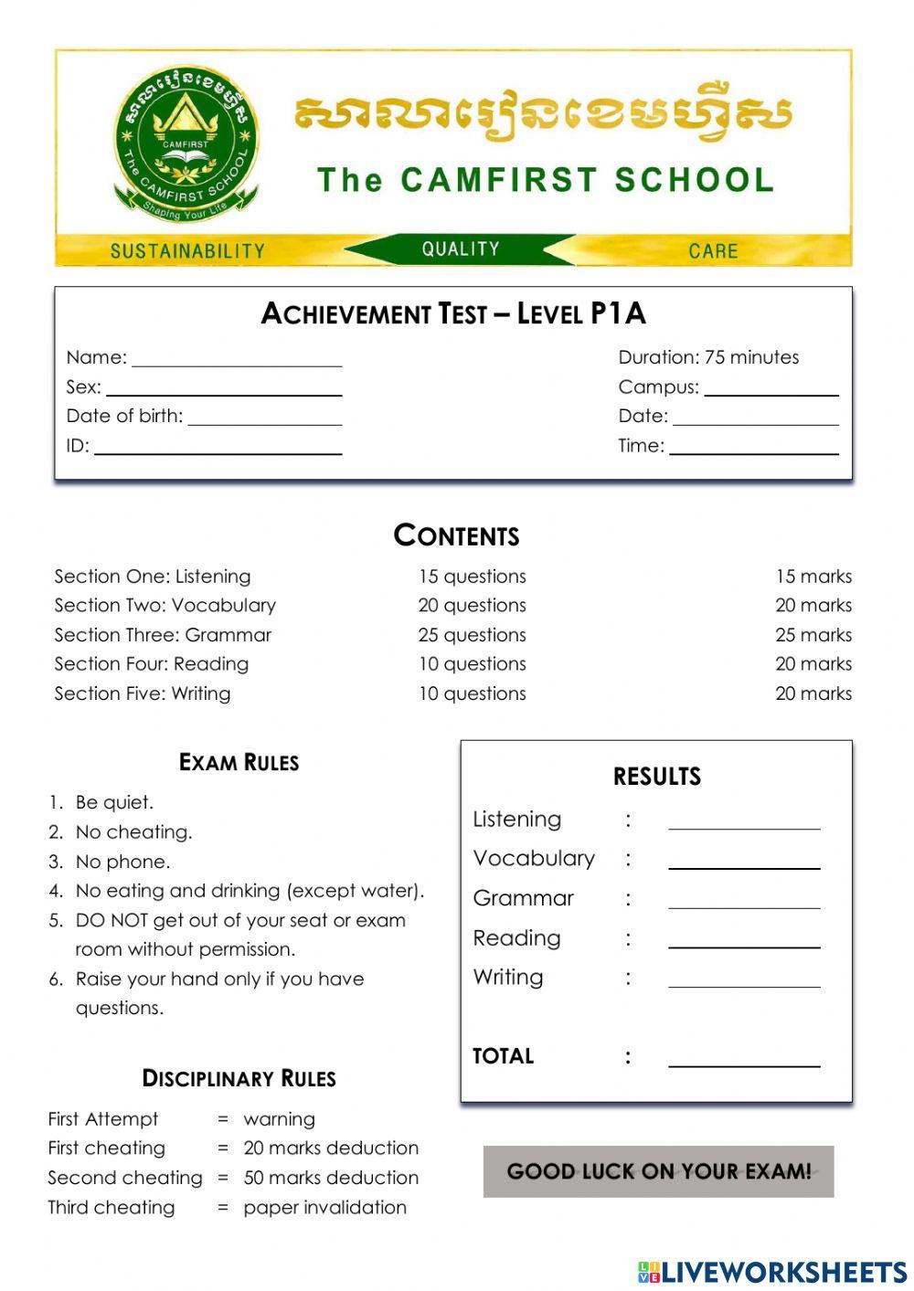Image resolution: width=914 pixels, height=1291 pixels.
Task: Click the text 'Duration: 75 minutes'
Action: pos(708,357)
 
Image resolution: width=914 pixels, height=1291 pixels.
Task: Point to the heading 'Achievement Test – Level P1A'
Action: pos(453,313)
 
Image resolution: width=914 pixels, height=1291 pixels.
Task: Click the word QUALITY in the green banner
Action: pos(461,249)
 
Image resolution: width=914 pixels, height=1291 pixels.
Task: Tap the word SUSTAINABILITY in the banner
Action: pos(187,250)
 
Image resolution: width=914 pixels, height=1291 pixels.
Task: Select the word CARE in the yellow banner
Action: pos(713,250)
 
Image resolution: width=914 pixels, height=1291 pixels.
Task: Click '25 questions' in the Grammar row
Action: pos(473,635)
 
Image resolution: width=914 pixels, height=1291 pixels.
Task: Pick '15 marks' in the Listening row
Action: pos(813,577)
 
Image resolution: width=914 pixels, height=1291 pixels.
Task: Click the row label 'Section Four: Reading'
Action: pos(152,664)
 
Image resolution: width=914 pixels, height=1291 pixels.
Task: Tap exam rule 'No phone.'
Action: pos(122,862)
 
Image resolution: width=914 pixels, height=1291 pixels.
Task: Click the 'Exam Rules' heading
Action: pos(239,762)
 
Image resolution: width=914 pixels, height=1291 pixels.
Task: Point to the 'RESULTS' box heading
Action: pos(656,777)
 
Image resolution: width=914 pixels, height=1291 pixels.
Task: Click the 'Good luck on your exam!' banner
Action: pos(658,1171)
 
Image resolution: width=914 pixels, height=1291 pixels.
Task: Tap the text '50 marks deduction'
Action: pos(331,1178)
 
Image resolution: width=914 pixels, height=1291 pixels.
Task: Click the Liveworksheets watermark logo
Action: pos(772,1272)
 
